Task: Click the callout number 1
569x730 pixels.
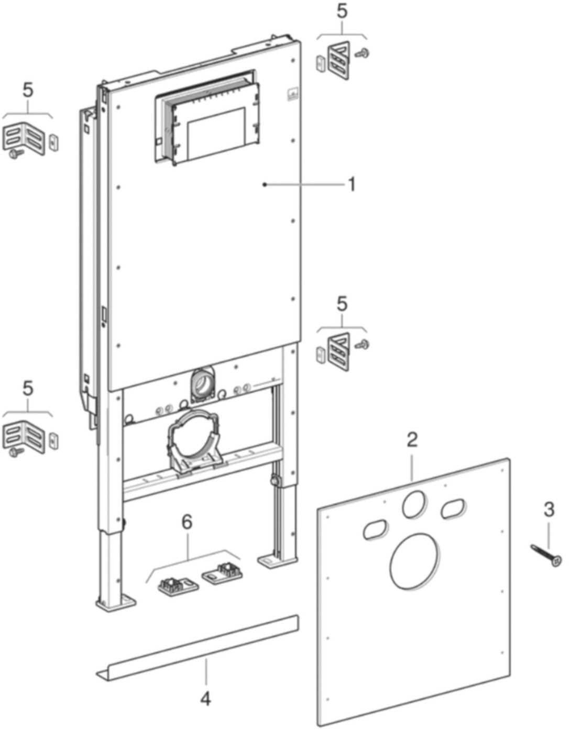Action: tap(352, 184)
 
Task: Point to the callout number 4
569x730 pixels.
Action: tap(206, 698)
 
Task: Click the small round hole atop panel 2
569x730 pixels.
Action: tap(414, 504)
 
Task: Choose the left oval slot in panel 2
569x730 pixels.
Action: tap(376, 529)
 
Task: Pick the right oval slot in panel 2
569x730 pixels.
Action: tap(453, 508)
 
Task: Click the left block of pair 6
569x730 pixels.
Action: tap(177, 585)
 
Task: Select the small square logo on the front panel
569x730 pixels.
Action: tap(292, 95)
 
